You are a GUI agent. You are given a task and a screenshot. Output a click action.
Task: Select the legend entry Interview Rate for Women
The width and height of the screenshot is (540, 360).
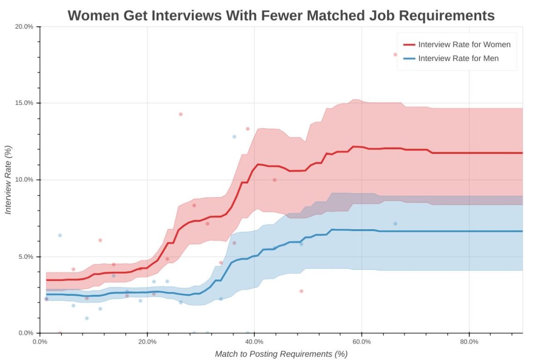pyautogui.click(x=464, y=45)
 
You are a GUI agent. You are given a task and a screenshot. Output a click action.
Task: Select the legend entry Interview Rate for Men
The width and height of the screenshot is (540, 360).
pyautogui.click(x=458, y=59)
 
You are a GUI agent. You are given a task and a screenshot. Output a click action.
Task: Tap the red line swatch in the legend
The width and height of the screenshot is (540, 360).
pyautogui.click(x=409, y=45)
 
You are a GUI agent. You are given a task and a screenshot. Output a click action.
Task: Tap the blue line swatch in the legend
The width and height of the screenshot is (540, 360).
pyautogui.click(x=409, y=59)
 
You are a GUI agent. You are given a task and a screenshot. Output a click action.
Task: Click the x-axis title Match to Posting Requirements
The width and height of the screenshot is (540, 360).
pyautogui.click(x=281, y=354)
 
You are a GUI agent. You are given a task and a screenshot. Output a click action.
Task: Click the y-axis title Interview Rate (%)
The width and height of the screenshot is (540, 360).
pyautogui.click(x=8, y=180)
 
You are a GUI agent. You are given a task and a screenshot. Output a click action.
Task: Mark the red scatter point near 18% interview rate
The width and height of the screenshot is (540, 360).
pyautogui.click(x=395, y=54)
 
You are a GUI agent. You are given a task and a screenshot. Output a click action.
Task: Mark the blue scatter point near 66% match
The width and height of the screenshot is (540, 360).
pyautogui.click(x=395, y=224)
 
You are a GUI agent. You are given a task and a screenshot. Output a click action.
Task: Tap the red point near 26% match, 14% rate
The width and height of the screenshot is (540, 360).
pyautogui.click(x=180, y=114)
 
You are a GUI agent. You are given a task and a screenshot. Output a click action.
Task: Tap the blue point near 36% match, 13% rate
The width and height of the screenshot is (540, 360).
pyautogui.click(x=234, y=136)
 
